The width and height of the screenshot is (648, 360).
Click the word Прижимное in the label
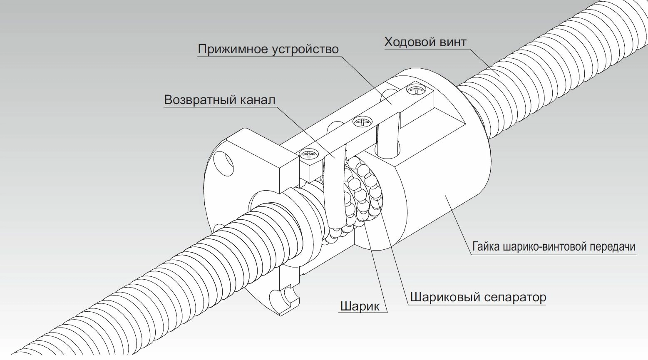coord(233,50)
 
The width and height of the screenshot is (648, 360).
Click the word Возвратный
coord(200,100)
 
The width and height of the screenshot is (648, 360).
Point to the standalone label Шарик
coord(360,306)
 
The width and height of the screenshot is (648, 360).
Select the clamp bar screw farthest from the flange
coord(416,90)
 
